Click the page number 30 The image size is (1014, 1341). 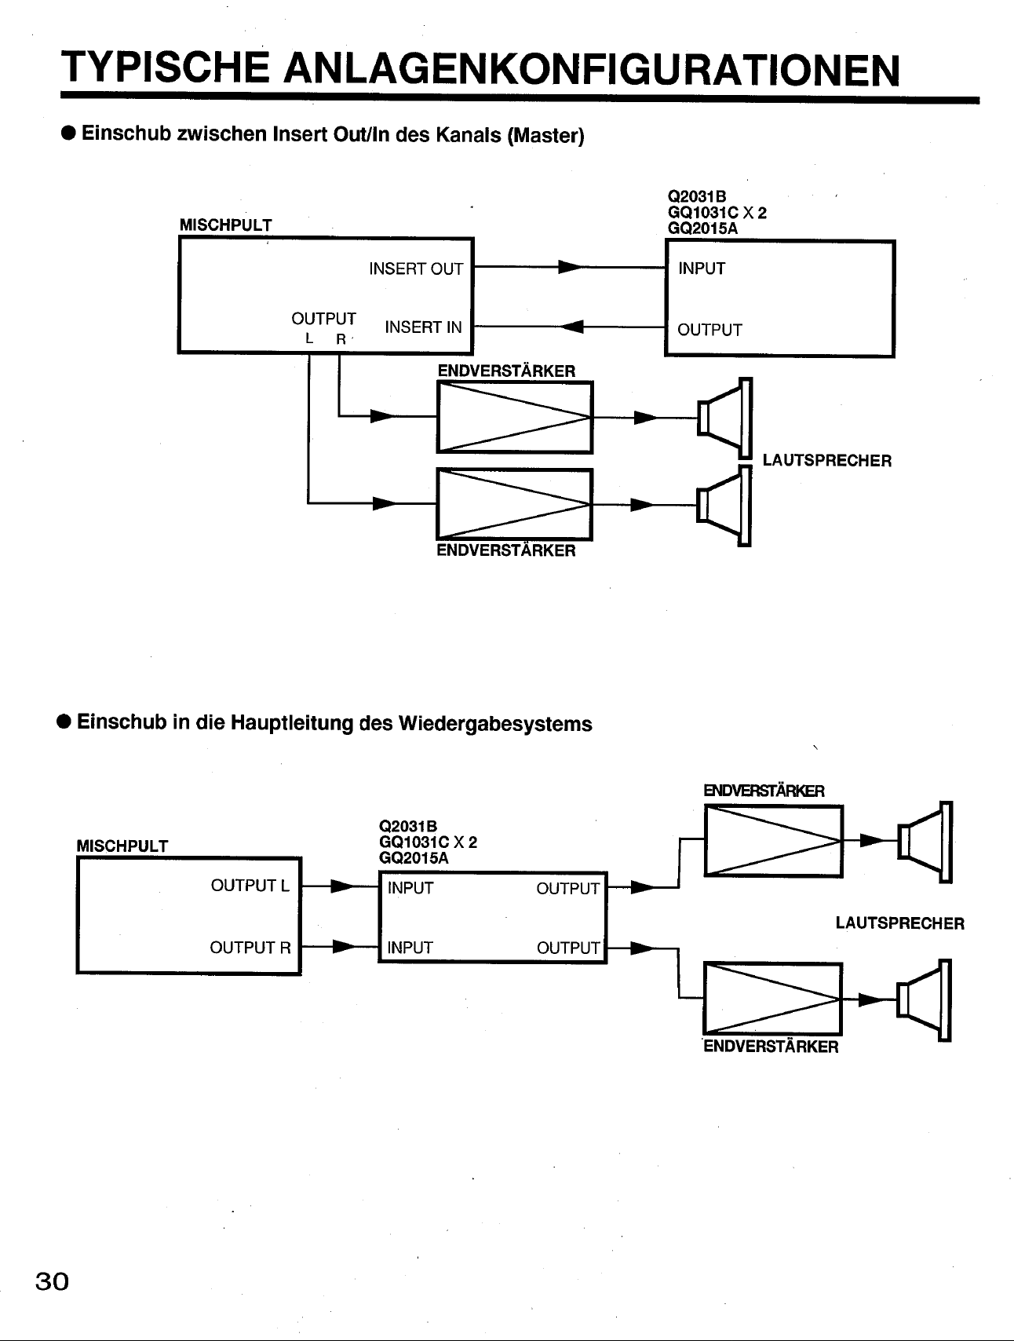coord(52,1281)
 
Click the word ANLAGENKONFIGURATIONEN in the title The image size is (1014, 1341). coord(589,69)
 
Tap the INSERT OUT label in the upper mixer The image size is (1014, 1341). coord(416,269)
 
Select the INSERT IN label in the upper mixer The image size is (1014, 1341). coord(423,327)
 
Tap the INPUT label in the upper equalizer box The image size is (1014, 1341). coord(702,269)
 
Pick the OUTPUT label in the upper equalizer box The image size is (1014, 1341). coord(709,330)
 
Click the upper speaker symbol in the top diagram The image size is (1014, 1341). coord(725,416)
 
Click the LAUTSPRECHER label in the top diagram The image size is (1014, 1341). coord(827,461)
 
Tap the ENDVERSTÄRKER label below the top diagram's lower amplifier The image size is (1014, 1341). coord(505,550)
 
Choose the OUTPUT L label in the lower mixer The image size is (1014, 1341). coord(250,886)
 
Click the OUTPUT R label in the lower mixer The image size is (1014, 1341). coord(250,948)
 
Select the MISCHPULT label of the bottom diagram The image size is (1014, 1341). coord(122,846)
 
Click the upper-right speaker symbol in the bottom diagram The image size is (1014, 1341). coord(925,842)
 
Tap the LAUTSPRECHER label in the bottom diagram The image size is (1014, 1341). coord(899,923)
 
